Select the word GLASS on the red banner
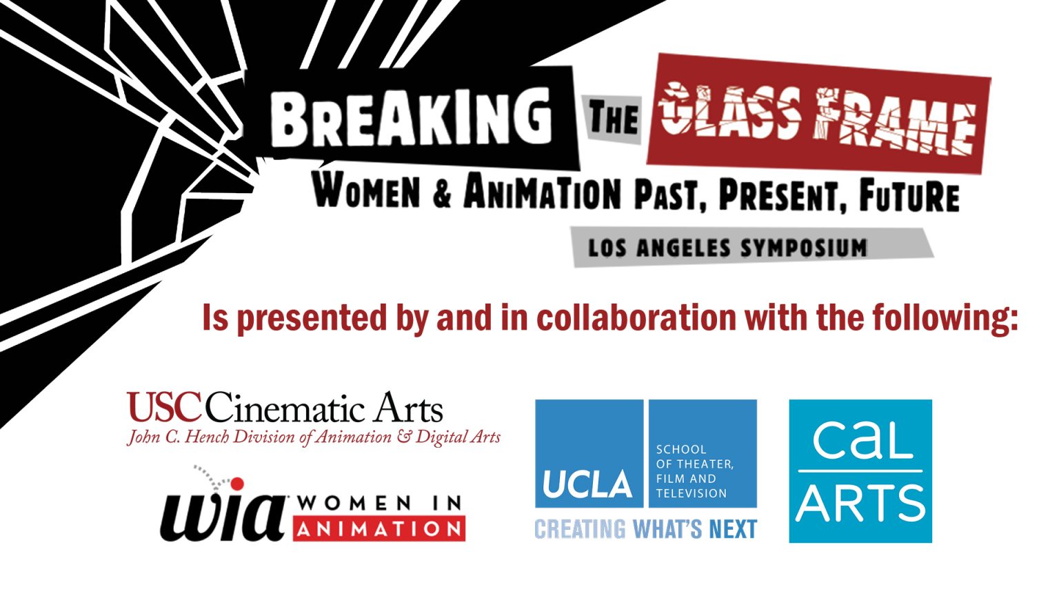[x=729, y=111]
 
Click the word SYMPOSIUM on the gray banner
[x=804, y=248]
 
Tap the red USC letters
[x=165, y=407]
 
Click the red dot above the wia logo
[x=237, y=484]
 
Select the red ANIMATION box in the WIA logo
[x=379, y=528]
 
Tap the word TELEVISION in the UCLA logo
[x=692, y=493]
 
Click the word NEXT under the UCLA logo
[x=734, y=529]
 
